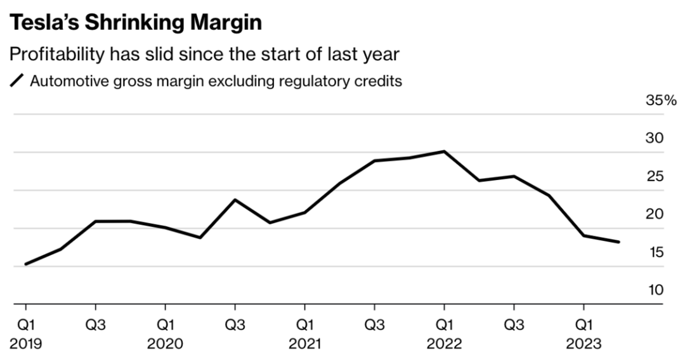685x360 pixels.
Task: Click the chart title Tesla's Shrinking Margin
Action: tap(135, 23)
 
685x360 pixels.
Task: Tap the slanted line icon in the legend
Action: tap(17, 81)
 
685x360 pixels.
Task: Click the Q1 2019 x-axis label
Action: tap(25, 335)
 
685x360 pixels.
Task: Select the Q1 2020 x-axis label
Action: tap(165, 335)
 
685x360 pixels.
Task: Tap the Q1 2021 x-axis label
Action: tap(304, 335)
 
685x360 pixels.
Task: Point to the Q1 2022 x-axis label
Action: tap(444, 335)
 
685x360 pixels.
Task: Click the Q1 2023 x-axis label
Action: tap(584, 335)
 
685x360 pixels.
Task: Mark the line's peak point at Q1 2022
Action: tap(444, 151)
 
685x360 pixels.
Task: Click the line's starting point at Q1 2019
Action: tap(25, 264)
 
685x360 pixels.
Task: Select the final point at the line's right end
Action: tap(618, 242)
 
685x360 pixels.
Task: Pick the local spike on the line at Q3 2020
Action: tap(235, 200)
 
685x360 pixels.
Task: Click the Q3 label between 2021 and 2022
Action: tap(374, 326)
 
